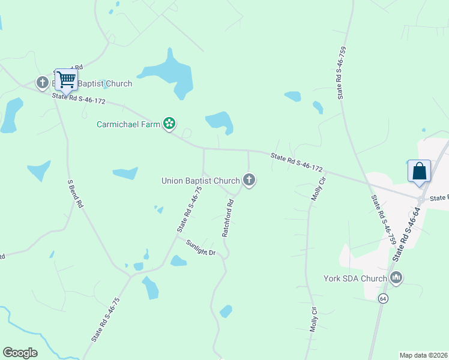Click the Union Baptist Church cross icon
click(249, 179)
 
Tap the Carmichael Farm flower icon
click(170, 124)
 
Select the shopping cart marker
click(66, 80)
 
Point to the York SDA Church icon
click(396, 278)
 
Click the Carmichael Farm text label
click(128, 125)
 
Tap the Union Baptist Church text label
click(200, 180)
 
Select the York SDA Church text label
click(355, 278)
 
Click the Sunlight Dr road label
click(200, 248)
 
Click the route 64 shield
click(383, 298)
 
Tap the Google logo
click(20, 353)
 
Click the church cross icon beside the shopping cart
click(42, 83)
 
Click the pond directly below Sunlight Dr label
click(178, 261)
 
